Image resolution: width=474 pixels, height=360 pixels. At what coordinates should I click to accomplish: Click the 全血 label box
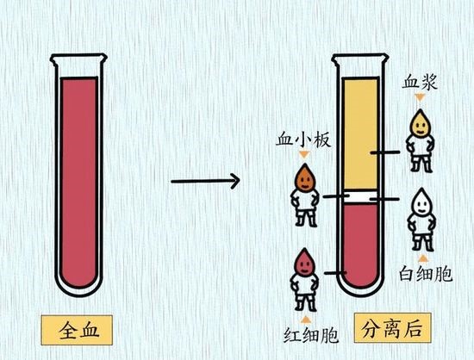77,330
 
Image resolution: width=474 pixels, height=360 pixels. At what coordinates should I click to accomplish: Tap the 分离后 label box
393,328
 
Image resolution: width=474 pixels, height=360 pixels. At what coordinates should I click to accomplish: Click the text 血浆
420,82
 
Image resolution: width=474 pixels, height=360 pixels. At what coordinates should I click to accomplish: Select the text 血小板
303,140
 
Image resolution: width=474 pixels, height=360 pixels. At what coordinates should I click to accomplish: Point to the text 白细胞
426,273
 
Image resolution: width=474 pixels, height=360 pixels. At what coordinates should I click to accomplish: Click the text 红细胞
310,335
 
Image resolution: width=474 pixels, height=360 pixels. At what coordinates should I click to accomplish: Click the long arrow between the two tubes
205,181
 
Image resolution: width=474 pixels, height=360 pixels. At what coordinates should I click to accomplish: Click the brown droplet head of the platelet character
305,178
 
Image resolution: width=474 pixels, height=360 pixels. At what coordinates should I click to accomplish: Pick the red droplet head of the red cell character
304,263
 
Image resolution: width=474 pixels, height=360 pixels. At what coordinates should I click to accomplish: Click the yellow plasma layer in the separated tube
360,133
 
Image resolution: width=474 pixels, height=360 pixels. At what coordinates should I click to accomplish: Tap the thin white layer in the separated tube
360,196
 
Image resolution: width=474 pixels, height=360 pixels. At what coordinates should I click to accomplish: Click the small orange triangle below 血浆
420,97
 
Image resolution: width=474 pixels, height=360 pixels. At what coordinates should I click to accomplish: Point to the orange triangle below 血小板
304,155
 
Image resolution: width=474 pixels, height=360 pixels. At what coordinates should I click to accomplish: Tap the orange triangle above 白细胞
423,258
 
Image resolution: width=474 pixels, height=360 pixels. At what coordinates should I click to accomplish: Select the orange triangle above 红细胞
305,320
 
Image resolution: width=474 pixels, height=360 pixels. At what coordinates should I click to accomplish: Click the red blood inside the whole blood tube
79,181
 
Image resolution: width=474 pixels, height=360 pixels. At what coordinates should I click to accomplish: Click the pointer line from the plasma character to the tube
385,152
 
